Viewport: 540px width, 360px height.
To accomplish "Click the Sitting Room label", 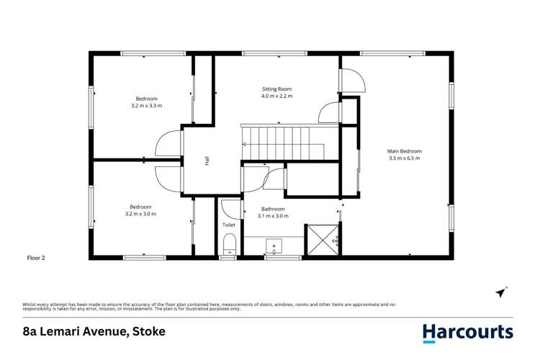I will pos(276,89).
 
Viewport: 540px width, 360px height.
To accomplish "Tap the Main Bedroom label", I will pos(405,151).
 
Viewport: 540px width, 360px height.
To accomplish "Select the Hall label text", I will pos(207,162).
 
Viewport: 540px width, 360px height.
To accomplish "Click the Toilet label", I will pos(229,225).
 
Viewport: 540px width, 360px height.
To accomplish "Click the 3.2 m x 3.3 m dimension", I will pos(147,106).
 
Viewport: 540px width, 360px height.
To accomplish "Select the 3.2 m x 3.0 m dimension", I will pos(140,214).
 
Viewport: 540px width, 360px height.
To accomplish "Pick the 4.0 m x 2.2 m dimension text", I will pos(276,96).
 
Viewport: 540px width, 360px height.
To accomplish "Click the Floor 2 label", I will pos(36,257).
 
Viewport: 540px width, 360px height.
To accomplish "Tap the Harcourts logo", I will pos(467,332).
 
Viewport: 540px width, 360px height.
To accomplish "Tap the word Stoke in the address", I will pos(148,332).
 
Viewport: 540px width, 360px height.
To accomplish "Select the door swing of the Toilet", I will pos(230,208).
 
